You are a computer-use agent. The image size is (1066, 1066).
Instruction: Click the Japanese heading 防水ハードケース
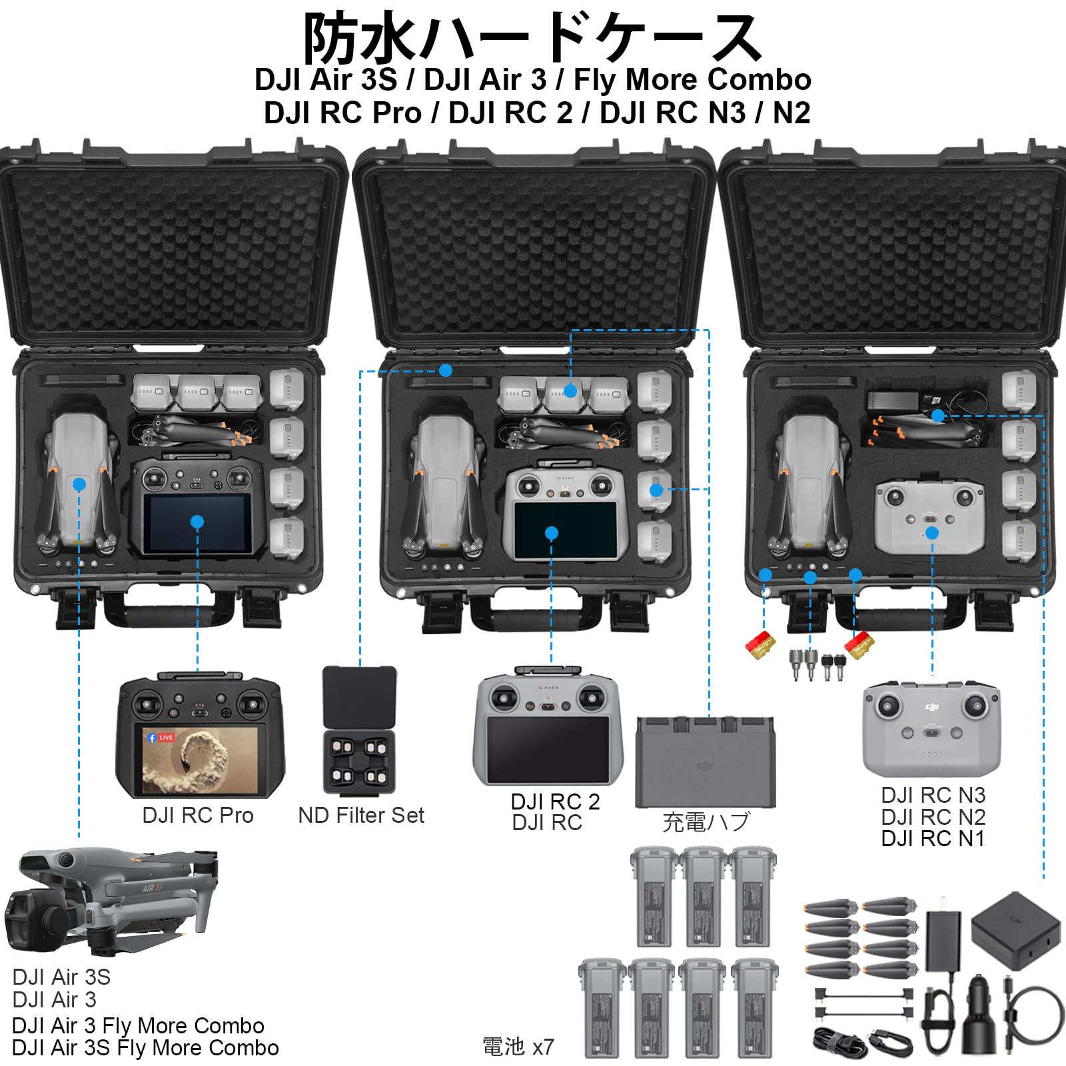pos(533,39)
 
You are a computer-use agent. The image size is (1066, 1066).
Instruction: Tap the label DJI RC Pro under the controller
pos(198,815)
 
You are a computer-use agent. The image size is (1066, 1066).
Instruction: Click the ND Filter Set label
pos(361,815)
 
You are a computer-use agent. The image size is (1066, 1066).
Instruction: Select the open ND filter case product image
pos(360,730)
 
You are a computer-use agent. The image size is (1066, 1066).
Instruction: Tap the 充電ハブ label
pos(706,821)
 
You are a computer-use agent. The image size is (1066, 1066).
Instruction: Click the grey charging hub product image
pos(705,762)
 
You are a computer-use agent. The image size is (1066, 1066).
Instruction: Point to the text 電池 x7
pos(518,1047)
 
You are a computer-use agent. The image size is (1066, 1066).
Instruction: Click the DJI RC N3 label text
pos(933,795)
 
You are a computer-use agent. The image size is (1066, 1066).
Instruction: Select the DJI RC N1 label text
pos(933,838)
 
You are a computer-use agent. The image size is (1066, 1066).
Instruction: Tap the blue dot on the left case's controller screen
pos(197,522)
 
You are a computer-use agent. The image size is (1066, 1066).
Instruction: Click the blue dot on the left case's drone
pos(79,484)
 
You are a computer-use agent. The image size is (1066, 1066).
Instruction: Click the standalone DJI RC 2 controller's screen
pos(548,748)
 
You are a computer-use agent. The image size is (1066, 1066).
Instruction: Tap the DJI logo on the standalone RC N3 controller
pos(931,706)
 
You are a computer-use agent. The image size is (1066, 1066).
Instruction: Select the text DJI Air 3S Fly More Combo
pos(145,1048)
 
